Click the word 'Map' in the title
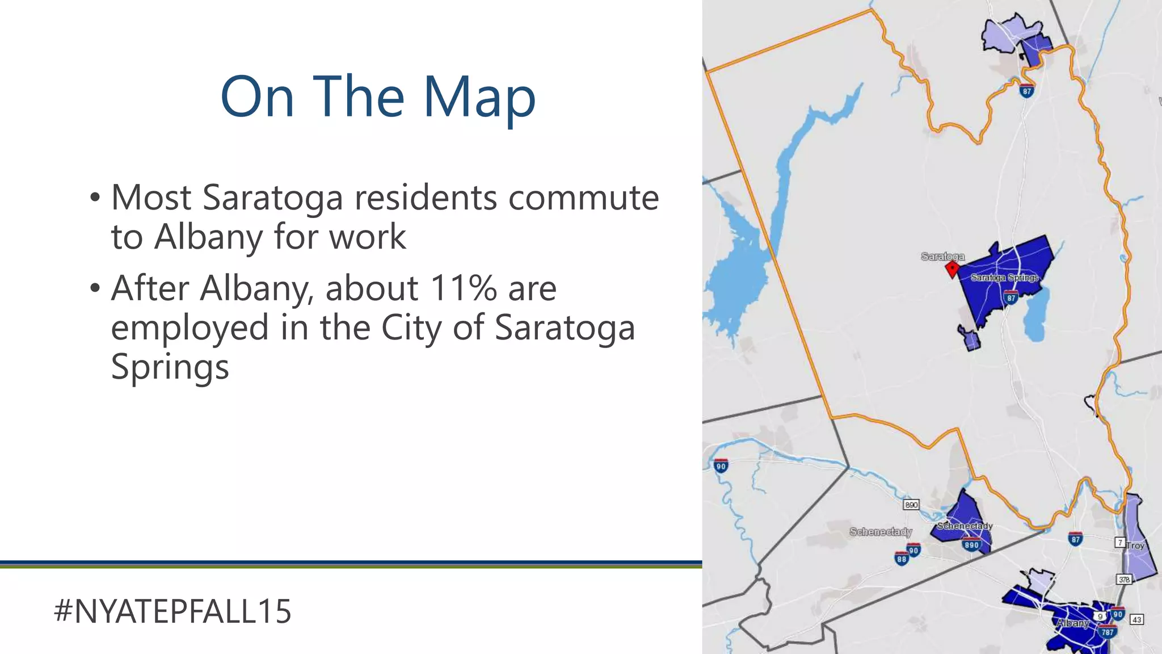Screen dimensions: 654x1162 pos(479,98)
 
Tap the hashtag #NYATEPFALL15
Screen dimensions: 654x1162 pos(172,611)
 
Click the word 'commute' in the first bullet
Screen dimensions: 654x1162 pos(583,198)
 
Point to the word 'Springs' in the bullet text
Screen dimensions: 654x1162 pos(170,367)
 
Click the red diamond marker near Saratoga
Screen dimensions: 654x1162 pos(952,269)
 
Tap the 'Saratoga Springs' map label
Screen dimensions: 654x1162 pos(1004,278)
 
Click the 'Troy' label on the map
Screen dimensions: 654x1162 pos(1135,546)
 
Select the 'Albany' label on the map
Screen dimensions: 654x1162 pos(1072,623)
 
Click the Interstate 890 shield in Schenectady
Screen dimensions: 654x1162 pos(971,544)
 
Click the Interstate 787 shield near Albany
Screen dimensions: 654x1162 pos(1107,631)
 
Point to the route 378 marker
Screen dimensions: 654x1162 pos(1124,580)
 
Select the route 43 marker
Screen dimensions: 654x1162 pos(1136,619)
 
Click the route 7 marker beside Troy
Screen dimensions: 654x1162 pos(1120,542)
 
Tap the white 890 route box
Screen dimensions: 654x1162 pos(911,505)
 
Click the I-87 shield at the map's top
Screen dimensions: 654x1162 pos(1026,90)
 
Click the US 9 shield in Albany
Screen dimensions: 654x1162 pos(1100,616)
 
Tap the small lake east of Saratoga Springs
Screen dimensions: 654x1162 pos(1037,316)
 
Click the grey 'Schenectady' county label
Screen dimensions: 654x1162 pos(881,532)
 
